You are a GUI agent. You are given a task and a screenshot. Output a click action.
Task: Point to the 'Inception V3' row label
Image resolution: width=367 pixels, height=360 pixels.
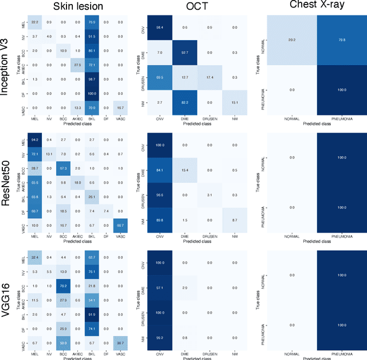click(x=7, y=63)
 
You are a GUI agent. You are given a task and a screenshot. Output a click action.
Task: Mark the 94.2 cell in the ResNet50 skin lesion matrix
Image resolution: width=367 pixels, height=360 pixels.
click(x=35, y=139)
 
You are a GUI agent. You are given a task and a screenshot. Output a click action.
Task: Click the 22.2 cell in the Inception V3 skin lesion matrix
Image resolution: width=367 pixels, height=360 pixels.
click(x=35, y=22)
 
